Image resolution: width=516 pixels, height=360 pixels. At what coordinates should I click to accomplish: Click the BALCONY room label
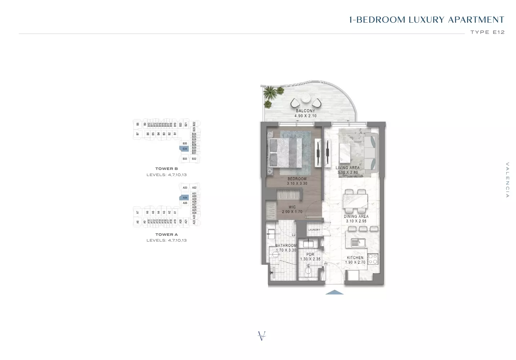coord(305,111)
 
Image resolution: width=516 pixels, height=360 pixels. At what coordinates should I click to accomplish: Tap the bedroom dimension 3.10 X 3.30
coord(297,184)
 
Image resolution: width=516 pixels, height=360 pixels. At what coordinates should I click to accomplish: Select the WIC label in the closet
coord(292,207)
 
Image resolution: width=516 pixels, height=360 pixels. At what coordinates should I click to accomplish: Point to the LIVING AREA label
coord(347,168)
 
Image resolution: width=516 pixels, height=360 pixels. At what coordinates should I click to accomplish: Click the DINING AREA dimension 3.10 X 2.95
coord(356,221)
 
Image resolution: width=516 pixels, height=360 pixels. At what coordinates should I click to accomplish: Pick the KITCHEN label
coord(355,257)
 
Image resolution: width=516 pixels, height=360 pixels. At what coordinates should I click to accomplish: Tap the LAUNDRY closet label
coord(314,230)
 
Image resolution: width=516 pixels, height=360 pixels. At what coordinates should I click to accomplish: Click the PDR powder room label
coord(310,255)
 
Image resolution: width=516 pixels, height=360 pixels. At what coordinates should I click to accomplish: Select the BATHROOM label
coord(286,246)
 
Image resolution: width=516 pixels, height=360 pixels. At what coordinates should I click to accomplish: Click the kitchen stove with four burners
coord(373,258)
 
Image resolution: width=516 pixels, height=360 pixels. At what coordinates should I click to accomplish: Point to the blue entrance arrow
coord(334,292)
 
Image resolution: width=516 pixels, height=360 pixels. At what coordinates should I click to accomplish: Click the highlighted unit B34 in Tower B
coord(184,149)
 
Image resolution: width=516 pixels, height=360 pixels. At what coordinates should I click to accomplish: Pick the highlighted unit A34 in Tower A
coord(184,198)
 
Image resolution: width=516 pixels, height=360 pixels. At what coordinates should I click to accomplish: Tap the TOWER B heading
coord(166,168)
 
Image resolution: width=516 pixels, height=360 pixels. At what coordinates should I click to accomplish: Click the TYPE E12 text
coord(487,32)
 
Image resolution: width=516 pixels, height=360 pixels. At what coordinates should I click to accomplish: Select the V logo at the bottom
coord(262,336)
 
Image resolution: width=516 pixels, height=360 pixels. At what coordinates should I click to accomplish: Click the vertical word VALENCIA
coord(507,180)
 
